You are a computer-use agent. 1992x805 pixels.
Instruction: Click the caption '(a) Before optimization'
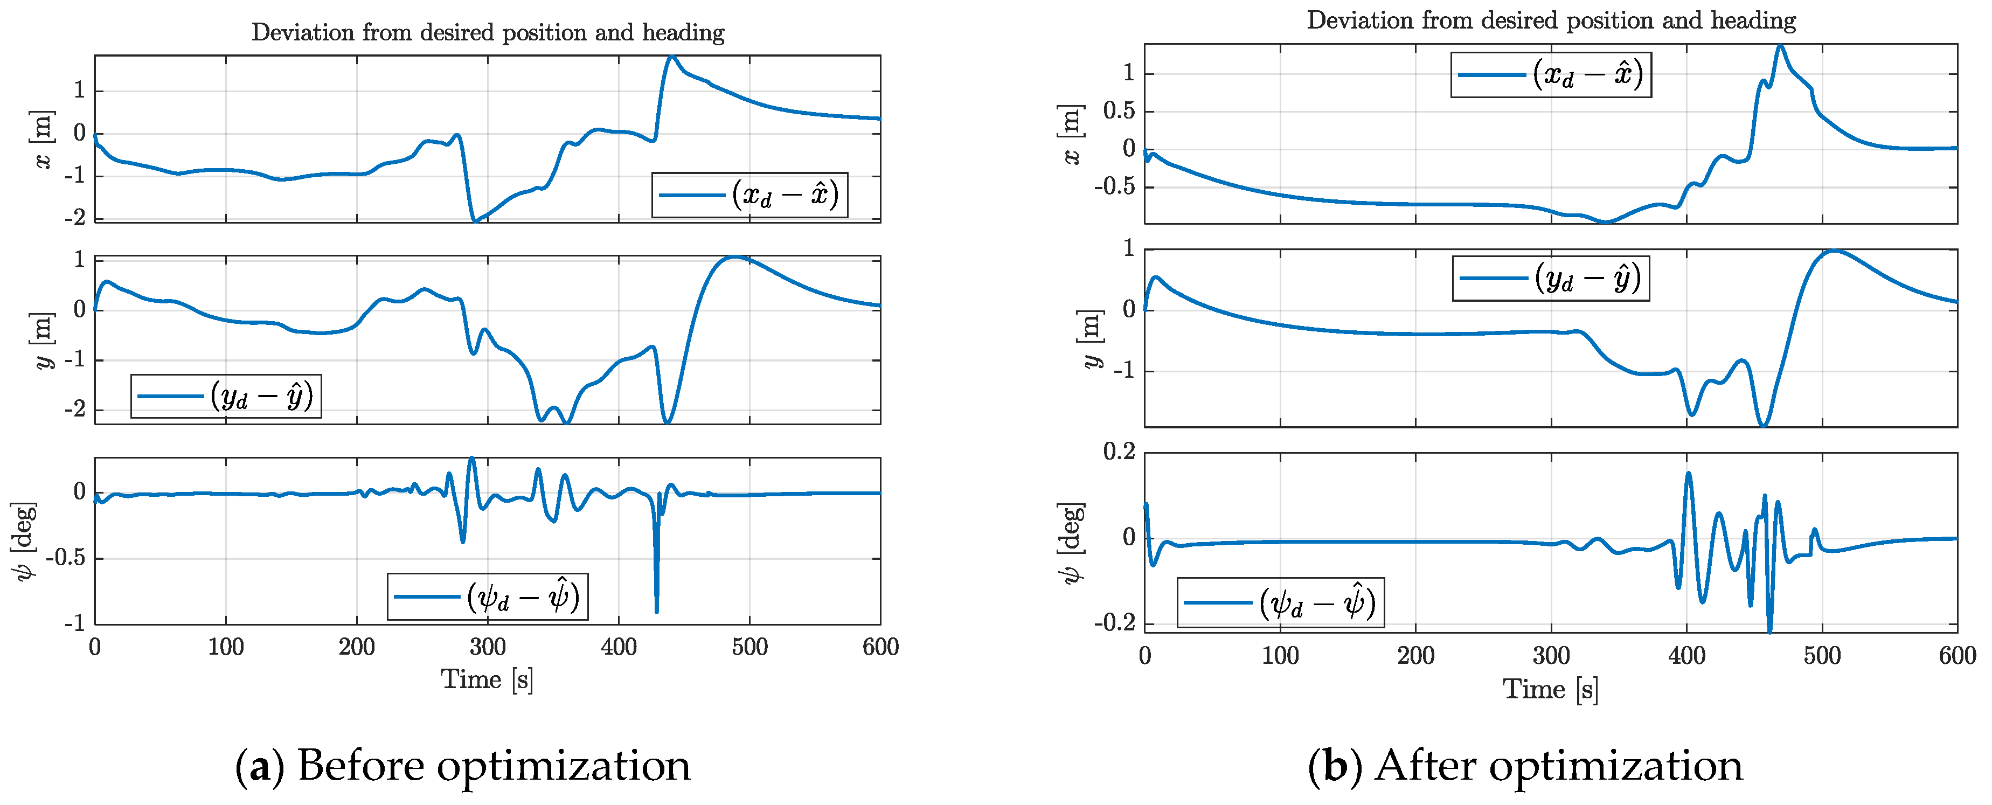click(x=462, y=766)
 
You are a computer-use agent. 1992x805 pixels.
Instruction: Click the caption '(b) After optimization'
click(x=1525, y=766)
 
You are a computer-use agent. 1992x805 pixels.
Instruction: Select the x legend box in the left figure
click(x=749, y=195)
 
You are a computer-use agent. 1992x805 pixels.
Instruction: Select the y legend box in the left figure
click(x=226, y=397)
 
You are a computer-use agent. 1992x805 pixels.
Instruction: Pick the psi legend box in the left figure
click(x=487, y=596)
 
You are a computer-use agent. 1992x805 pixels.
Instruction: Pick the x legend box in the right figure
click(x=1551, y=75)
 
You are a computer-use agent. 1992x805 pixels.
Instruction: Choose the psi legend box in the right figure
click(x=1281, y=602)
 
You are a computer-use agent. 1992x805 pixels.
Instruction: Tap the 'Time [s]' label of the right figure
click(x=1551, y=689)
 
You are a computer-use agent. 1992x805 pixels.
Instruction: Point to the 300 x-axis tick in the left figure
click(x=487, y=647)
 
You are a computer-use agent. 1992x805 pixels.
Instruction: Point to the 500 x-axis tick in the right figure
click(x=1822, y=656)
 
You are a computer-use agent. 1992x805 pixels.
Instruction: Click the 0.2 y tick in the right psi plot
click(x=1119, y=451)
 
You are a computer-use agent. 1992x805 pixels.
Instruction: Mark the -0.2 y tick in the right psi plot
click(x=1114, y=622)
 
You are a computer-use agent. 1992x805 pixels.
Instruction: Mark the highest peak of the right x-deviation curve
click(x=1780, y=46)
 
